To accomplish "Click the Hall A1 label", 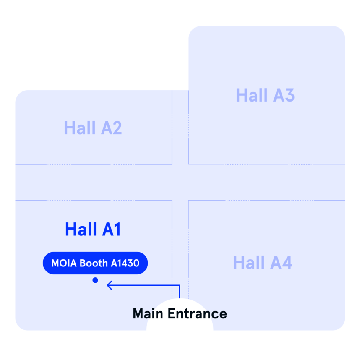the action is (93, 229).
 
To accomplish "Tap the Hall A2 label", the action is (93, 128).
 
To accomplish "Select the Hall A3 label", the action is (265, 95).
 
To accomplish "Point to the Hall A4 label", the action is (262, 262).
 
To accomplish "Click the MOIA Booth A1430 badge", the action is (95, 263).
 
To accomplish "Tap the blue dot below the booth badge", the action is (95, 280).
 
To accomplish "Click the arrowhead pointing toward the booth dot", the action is (110, 285).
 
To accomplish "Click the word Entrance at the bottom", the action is (197, 313).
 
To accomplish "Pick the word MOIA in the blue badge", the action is (60, 263).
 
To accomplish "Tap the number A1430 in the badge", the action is (125, 263).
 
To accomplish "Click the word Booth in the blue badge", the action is (94, 263).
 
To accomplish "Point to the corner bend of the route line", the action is (180, 285).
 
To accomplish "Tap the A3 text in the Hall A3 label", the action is (284, 95).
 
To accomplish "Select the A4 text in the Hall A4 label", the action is (281, 262).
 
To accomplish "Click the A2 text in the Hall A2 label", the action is (111, 128).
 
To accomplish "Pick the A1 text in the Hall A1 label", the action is (111, 229).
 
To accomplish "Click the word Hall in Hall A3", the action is (252, 95).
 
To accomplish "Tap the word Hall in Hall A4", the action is (249, 262).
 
